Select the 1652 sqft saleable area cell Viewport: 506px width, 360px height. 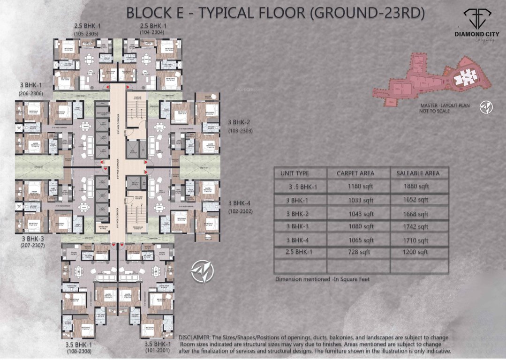click(416, 200)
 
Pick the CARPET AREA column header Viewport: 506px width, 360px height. click(355, 173)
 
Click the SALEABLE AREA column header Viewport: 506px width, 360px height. click(418, 173)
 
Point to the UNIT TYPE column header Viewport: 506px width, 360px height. click(295, 173)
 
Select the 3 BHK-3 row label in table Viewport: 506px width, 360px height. click(301, 227)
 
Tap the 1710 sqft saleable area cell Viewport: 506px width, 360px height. click(416, 240)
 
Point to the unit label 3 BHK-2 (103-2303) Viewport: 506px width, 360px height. click(240, 127)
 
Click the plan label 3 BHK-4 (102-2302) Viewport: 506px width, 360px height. click(240, 207)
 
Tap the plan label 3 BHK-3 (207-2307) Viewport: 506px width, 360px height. click(33, 241)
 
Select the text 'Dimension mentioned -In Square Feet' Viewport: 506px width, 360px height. click(322, 279)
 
